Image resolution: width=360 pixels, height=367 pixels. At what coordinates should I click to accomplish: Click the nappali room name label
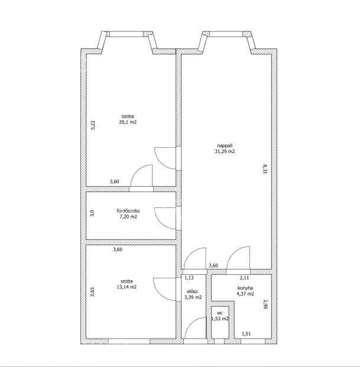(225, 146)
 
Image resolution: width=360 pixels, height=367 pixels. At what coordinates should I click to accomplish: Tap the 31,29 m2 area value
(225, 151)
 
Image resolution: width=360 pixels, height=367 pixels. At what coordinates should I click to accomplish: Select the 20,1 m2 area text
(128, 122)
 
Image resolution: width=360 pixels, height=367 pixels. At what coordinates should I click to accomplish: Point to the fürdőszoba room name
(128, 211)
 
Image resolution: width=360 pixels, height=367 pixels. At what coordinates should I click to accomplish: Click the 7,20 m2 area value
(128, 217)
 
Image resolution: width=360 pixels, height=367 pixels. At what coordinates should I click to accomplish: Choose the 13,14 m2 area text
(127, 287)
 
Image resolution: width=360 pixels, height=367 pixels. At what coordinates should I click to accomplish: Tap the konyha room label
(245, 288)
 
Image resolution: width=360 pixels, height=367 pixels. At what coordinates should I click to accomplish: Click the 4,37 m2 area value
(245, 294)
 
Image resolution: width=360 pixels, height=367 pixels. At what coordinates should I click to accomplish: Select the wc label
(220, 313)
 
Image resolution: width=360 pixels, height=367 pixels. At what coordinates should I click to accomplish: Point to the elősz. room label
(193, 291)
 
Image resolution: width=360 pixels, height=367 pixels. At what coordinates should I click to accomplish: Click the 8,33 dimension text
(265, 168)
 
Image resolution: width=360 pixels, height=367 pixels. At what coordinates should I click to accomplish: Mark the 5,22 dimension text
(93, 125)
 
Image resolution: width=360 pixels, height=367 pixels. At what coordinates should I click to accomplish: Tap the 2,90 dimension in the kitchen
(265, 304)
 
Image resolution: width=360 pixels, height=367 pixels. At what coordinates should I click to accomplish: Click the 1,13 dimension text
(189, 278)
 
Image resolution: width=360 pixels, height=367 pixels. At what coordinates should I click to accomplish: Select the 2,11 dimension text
(244, 278)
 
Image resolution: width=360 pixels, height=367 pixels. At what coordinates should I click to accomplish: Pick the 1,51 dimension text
(247, 334)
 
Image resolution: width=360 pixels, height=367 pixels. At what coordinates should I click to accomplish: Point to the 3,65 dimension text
(93, 292)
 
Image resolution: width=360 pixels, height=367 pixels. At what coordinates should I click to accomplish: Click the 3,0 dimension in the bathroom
(92, 213)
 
